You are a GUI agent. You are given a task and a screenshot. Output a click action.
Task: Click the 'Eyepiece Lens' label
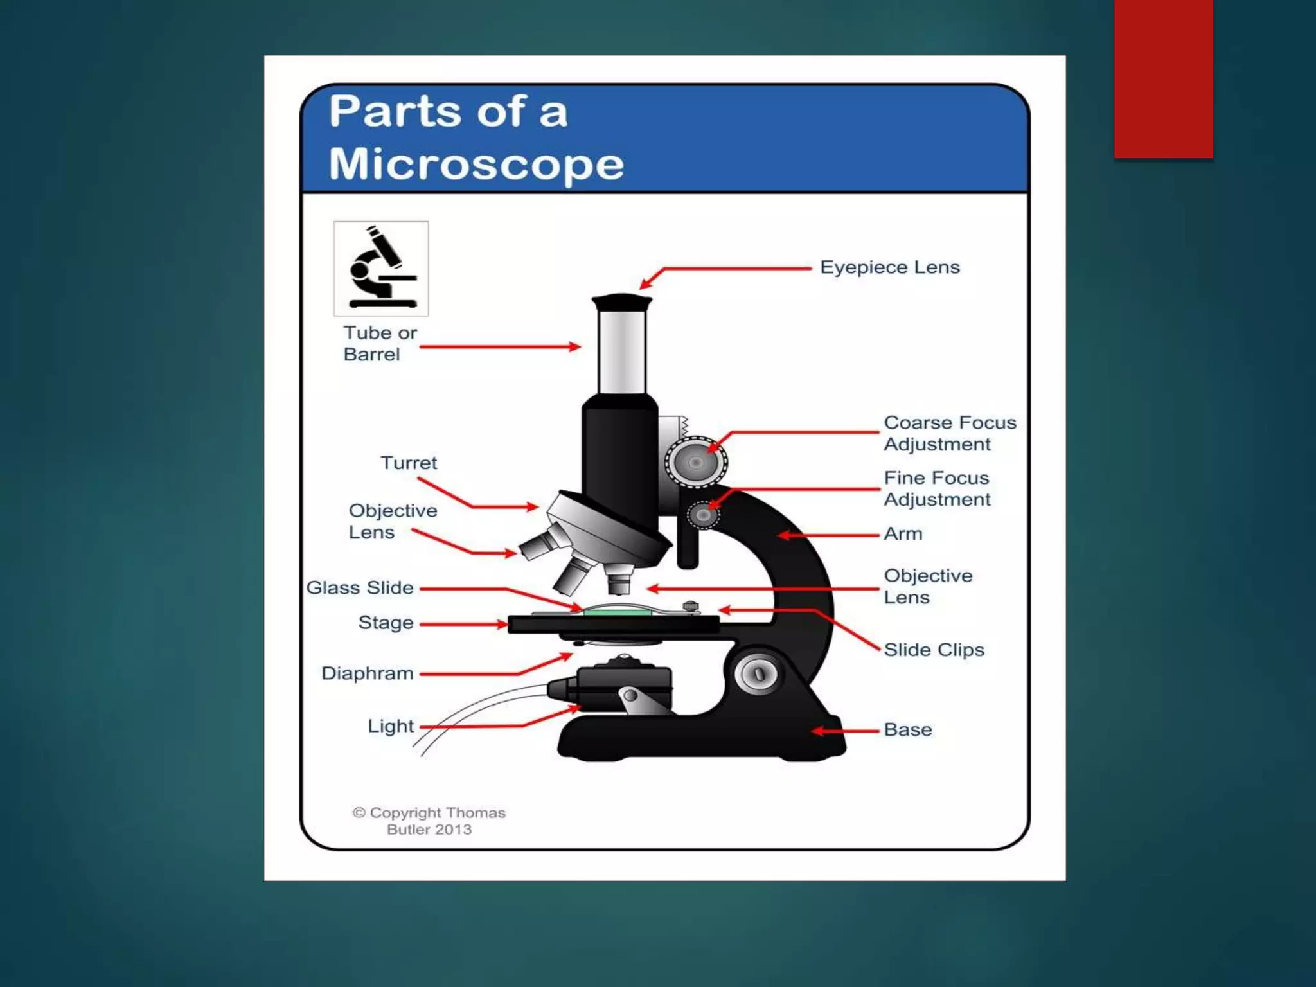pos(889,267)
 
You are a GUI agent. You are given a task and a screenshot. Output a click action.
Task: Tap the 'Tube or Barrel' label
pos(379,344)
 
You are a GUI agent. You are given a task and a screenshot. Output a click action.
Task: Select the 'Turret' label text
pos(409,463)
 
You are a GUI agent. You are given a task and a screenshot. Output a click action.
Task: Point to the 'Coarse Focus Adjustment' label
pos(949,434)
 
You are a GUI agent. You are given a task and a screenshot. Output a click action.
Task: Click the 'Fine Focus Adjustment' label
pos(936,489)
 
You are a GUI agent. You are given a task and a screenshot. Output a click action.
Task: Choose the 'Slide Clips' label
pos(933,650)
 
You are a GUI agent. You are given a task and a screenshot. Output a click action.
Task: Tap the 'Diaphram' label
pos(367,673)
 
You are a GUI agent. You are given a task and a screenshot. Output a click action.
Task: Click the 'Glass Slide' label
pos(359,588)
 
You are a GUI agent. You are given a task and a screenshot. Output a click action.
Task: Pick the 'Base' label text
pos(907,730)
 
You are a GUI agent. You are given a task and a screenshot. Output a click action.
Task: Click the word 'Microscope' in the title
pos(476,164)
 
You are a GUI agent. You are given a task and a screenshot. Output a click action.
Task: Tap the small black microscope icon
pos(381,269)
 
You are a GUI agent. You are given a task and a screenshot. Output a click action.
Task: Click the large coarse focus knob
pos(695,462)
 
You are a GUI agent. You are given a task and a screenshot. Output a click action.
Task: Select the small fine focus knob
pos(703,515)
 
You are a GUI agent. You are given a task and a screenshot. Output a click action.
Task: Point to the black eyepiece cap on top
pos(621,302)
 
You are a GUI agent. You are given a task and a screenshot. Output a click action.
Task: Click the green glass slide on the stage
pos(617,614)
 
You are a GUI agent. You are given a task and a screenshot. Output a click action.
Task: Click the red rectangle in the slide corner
pos(1163,78)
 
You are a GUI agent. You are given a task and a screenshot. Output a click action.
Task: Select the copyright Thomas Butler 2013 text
pos(429,821)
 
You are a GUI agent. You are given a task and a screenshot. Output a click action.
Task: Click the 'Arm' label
pos(902,534)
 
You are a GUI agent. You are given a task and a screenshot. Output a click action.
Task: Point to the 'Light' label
pos(390,726)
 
